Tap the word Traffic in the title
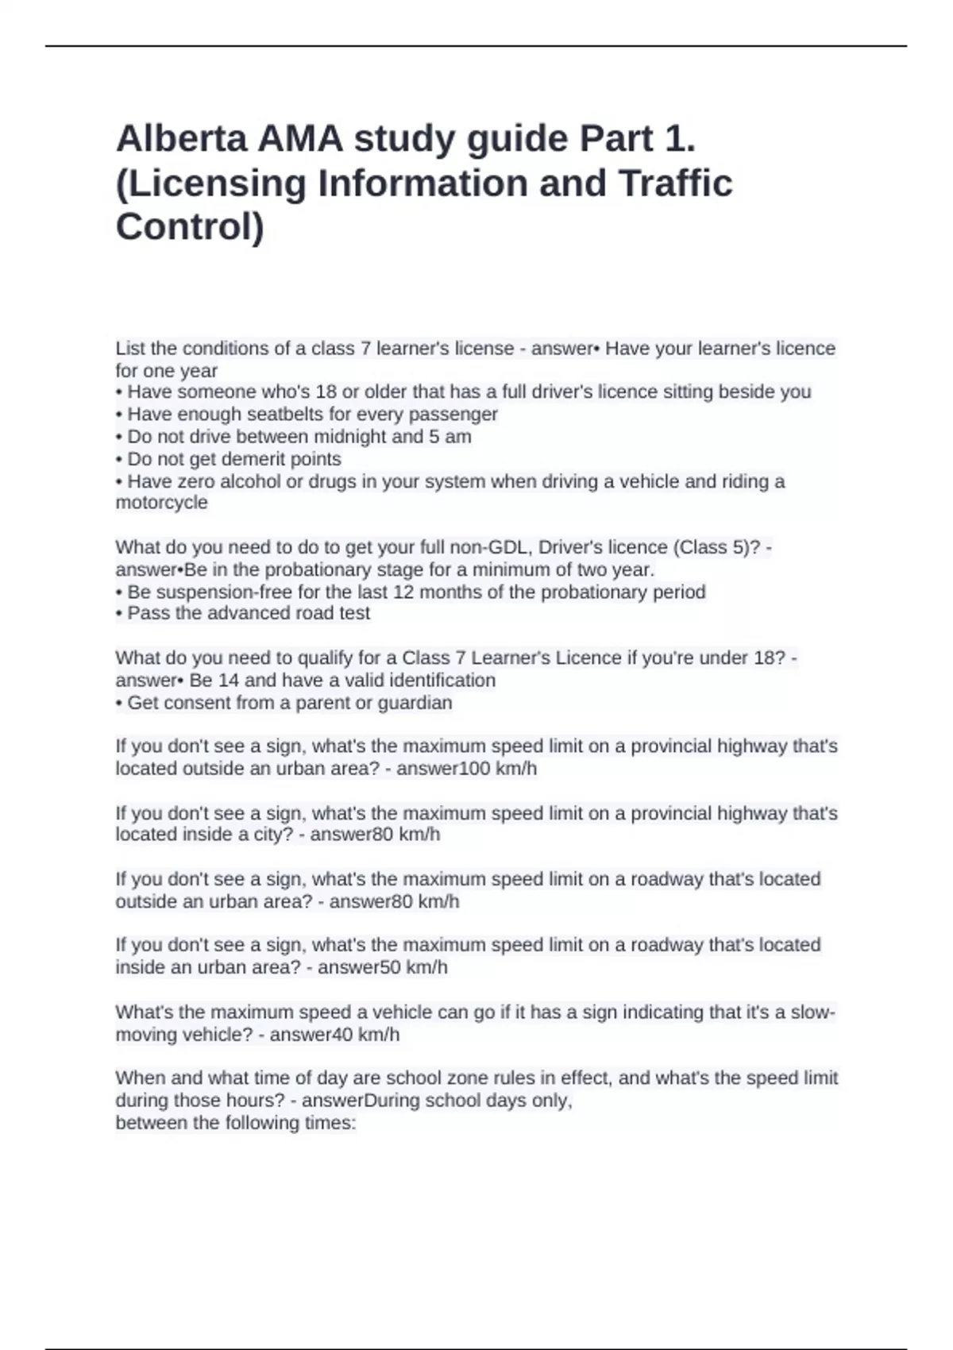point(675,183)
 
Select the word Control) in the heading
point(190,227)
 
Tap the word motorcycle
point(161,503)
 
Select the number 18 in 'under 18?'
point(767,658)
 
